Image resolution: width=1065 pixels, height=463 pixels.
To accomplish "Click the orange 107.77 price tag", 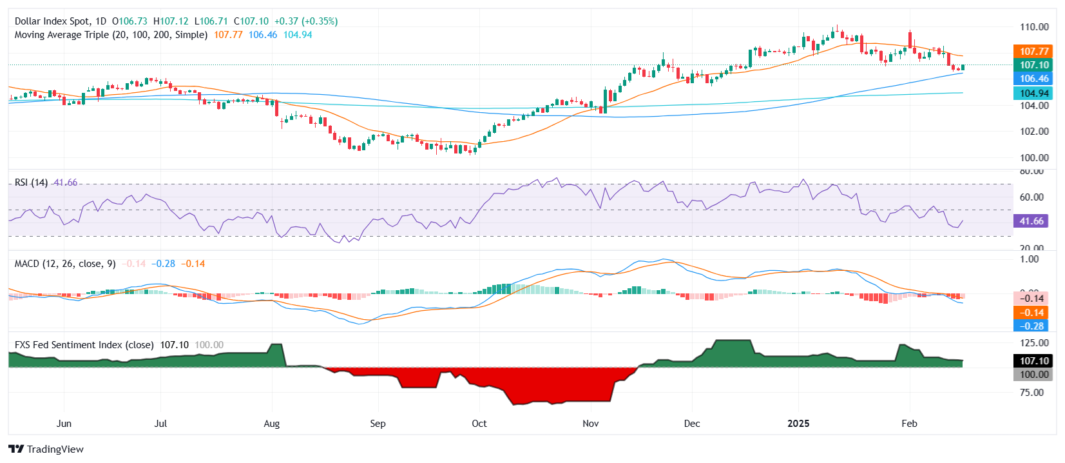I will (x=1033, y=51).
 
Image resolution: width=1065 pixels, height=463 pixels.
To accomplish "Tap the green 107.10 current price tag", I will (x=1033, y=64).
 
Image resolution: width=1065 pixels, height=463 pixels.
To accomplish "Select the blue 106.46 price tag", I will (x=1033, y=79).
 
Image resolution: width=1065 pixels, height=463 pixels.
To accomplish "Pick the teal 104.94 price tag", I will (x=1033, y=93).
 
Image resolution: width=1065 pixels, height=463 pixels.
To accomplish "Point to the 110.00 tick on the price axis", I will (x=1033, y=27).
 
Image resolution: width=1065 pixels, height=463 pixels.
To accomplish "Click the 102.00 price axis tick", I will (x=1033, y=131).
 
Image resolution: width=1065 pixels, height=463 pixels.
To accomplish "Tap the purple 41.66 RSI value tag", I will (x=1031, y=221).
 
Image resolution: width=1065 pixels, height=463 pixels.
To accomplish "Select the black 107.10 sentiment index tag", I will (x=1033, y=360).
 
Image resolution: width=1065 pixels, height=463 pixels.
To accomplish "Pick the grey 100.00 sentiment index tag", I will (x=1033, y=374).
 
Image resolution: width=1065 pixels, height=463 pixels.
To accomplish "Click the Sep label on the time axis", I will (x=378, y=424).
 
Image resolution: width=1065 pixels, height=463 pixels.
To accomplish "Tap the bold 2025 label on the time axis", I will (x=798, y=424).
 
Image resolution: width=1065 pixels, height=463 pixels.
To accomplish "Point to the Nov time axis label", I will (x=590, y=424).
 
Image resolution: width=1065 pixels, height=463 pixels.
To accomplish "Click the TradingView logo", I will (x=46, y=449).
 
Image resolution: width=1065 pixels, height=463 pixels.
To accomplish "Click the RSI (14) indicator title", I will (x=31, y=182).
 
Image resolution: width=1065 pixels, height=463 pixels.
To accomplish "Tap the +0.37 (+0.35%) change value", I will (x=306, y=21).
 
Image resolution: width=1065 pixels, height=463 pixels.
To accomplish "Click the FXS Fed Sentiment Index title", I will (x=84, y=345).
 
